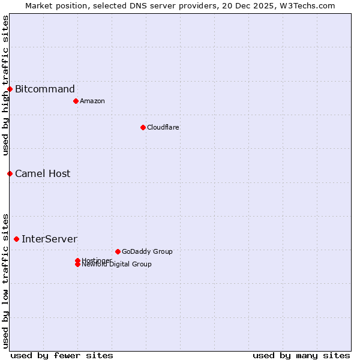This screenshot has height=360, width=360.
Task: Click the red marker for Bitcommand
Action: click(x=10, y=89)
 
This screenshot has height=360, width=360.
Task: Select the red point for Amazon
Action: click(x=76, y=101)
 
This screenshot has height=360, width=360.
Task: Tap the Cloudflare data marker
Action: click(x=143, y=127)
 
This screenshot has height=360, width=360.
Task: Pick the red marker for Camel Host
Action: click(x=10, y=173)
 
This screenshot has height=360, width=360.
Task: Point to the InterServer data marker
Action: click(x=16, y=239)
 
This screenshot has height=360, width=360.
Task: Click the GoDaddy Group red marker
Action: click(x=118, y=251)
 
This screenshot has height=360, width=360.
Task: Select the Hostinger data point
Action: click(x=77, y=260)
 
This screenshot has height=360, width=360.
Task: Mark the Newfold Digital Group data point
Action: click(x=77, y=265)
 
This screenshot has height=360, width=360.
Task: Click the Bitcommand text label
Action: click(x=45, y=89)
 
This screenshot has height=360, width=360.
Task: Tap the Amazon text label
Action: click(x=92, y=101)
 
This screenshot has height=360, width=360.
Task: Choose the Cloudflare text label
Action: click(x=163, y=127)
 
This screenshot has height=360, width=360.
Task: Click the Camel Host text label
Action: click(x=43, y=173)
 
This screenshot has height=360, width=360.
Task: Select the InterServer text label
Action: click(x=49, y=239)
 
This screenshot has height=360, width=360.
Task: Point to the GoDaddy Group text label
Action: click(x=147, y=251)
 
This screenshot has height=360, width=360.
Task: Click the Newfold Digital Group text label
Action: click(x=116, y=265)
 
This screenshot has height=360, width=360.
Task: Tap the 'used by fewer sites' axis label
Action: click(x=62, y=355)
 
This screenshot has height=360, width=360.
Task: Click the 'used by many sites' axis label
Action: click(x=301, y=355)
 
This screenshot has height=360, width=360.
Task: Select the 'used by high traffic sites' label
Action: click(x=5, y=85)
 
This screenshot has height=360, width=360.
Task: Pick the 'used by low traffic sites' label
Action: click(x=5, y=280)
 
